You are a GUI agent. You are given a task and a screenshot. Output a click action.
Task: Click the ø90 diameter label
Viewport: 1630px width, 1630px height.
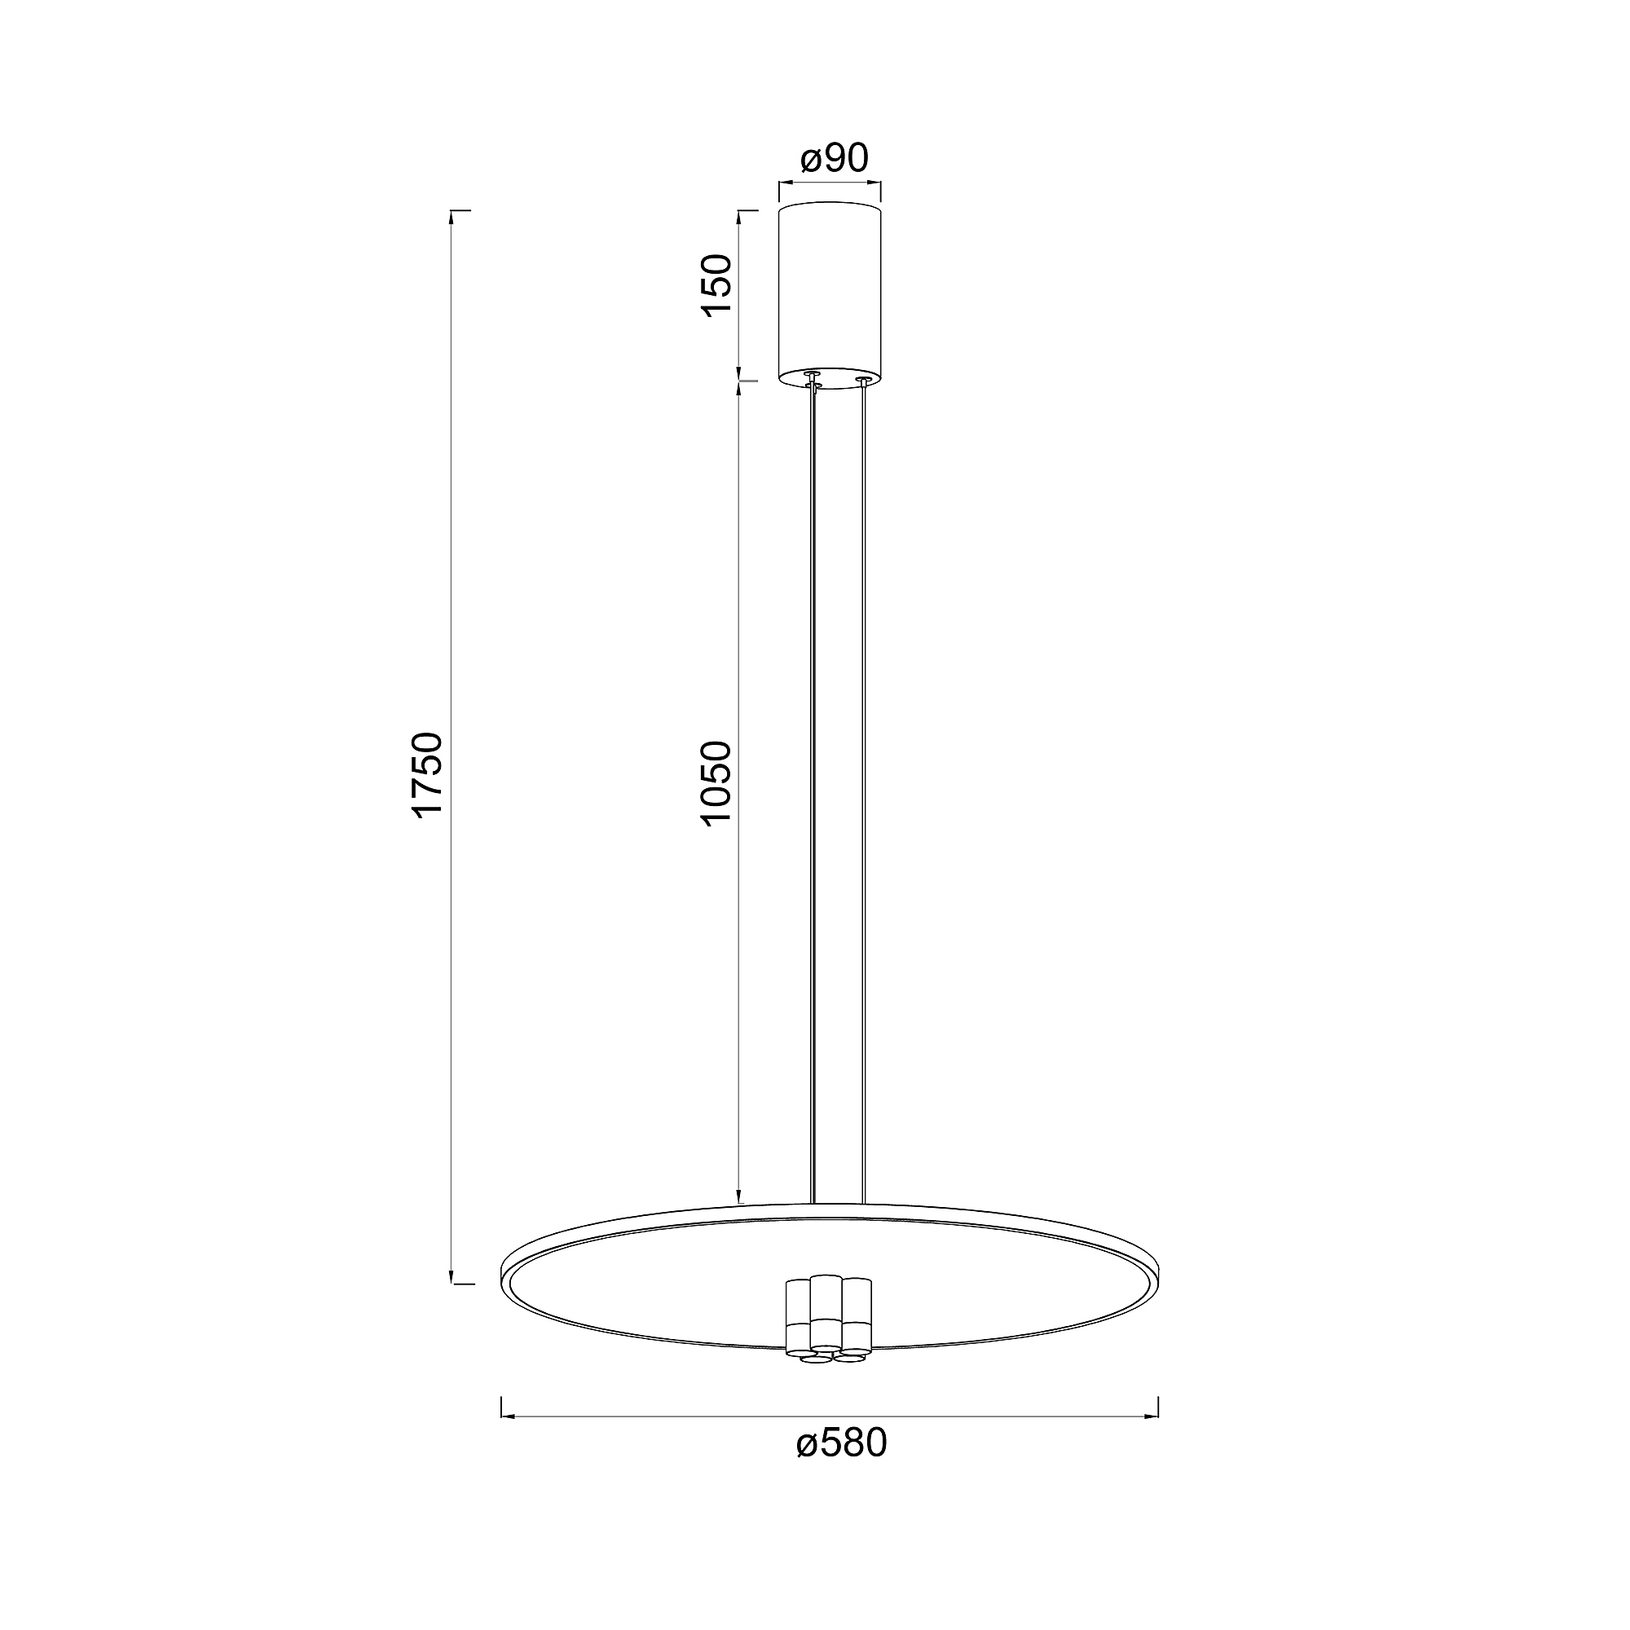(x=834, y=158)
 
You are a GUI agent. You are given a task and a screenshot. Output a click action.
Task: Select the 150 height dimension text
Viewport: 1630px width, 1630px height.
(x=718, y=285)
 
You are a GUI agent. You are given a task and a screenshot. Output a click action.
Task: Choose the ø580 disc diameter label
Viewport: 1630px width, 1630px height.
(x=842, y=1443)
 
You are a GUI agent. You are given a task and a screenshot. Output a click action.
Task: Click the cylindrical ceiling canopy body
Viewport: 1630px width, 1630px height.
(x=830, y=295)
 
